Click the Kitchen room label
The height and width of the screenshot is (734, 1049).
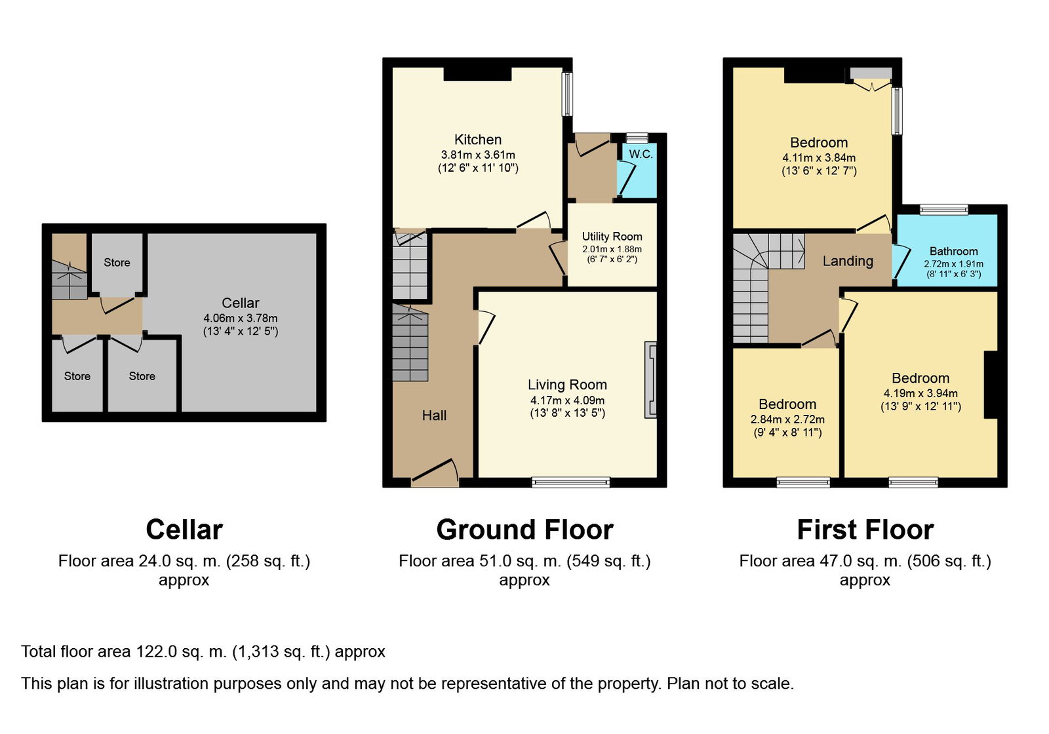(478, 140)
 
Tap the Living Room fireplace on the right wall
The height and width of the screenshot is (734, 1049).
(650, 379)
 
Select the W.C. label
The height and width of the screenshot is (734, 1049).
(641, 154)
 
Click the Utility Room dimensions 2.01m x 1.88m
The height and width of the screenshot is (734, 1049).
(612, 249)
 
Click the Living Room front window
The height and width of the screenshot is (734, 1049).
(571, 482)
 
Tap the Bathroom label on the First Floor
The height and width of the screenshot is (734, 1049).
(954, 252)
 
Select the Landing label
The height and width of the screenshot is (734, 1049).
(848, 261)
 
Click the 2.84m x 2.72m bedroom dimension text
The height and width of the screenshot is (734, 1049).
(787, 419)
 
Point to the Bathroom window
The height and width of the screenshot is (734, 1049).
(943, 209)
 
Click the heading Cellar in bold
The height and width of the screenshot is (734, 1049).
(184, 530)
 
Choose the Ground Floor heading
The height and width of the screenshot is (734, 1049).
(524, 530)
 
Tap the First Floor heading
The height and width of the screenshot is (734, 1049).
(865, 530)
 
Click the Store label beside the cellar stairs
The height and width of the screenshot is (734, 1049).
(117, 263)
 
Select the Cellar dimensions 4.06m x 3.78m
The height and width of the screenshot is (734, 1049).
(240, 319)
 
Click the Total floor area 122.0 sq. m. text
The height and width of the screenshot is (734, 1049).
(203, 651)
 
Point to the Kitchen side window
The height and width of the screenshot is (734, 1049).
(567, 94)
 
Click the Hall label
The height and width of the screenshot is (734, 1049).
(434, 415)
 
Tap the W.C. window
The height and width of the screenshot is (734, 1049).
(637, 138)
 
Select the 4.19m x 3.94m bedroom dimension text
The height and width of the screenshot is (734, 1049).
(920, 393)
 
